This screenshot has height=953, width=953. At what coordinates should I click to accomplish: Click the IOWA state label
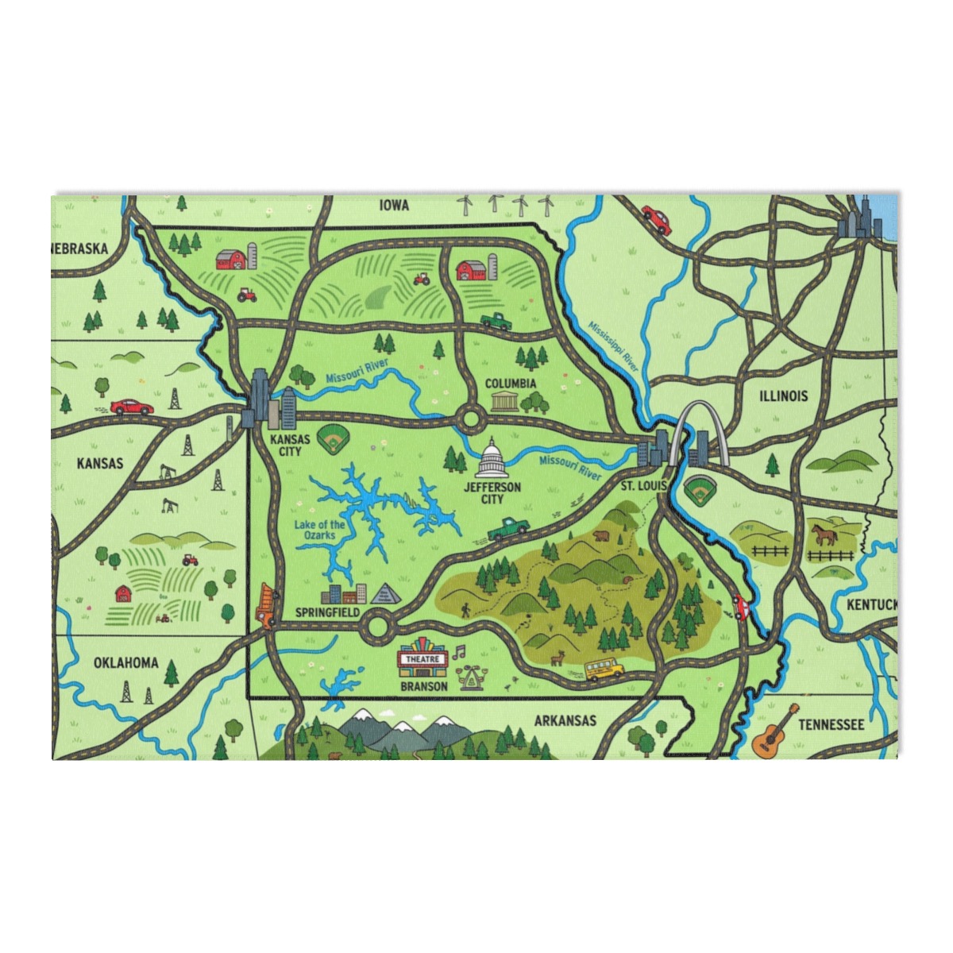pos(394,206)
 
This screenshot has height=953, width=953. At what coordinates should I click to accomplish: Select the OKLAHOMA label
pos(125,662)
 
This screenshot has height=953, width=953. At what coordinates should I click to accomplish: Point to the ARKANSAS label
pos(565,720)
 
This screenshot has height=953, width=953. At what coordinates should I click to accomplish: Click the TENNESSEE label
pos(831,724)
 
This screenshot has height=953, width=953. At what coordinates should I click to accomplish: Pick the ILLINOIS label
pos(783,395)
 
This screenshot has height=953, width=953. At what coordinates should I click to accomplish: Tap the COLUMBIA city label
pos(511,384)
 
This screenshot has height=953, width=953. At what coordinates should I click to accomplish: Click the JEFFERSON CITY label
pos(492,492)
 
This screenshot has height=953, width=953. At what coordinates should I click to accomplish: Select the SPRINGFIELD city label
pos(327,613)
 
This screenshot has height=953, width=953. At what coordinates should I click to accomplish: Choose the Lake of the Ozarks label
pos(319,530)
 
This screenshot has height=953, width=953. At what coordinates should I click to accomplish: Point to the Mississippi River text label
pos(614,345)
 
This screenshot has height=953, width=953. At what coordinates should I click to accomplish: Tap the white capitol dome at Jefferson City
pos(492,458)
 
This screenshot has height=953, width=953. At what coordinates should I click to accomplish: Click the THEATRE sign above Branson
pos(423,659)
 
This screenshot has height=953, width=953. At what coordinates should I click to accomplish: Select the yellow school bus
pos(604,669)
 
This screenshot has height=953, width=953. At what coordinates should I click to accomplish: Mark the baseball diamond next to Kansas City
pos(333,437)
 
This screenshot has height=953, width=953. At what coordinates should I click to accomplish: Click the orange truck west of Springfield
pos(264,605)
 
